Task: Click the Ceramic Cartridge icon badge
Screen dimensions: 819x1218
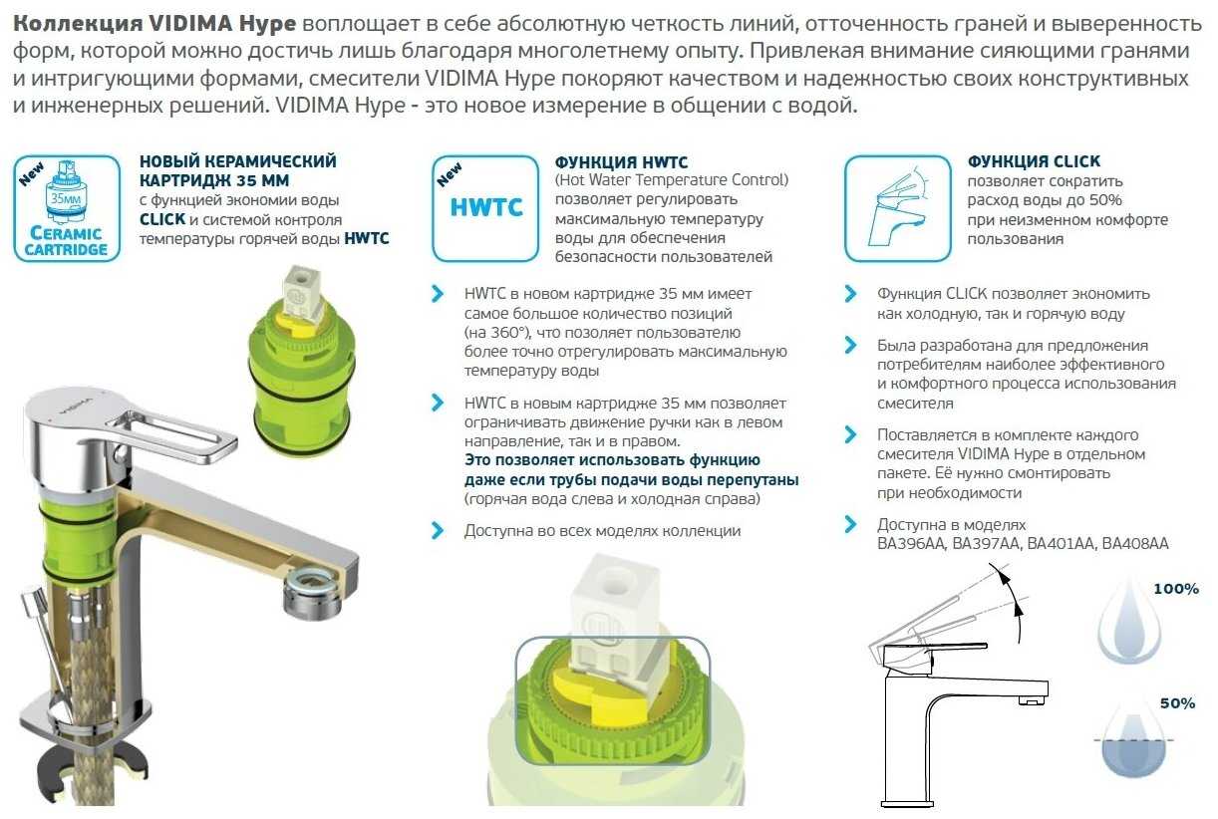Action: tap(67, 207)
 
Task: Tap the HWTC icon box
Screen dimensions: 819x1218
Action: tap(484, 207)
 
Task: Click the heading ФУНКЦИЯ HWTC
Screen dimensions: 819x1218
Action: tap(621, 161)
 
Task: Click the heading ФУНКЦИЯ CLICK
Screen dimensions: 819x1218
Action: tap(1034, 161)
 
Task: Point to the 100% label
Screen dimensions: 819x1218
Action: tap(1175, 589)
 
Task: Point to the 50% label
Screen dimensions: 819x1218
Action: tap(1175, 703)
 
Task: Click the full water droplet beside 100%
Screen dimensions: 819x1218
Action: tap(1128, 622)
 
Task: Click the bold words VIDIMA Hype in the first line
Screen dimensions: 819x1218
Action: tap(237, 23)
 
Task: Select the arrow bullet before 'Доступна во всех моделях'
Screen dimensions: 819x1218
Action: tap(437, 531)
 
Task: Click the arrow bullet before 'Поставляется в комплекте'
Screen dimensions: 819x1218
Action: tap(850, 435)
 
